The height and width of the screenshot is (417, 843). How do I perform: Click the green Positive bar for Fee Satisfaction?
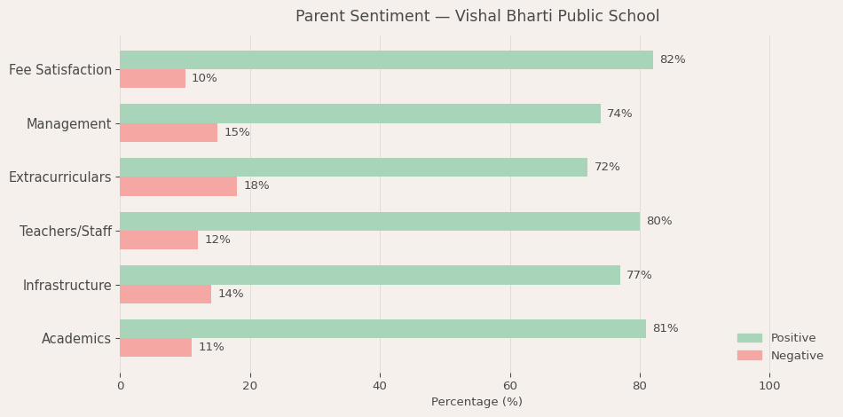386,59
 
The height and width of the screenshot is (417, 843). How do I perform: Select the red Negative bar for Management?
169,132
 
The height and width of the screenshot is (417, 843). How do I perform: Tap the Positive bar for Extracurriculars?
353,167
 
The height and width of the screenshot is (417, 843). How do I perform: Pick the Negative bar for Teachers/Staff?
159,240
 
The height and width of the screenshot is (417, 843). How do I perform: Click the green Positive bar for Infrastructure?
370,275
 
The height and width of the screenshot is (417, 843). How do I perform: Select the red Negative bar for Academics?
155,347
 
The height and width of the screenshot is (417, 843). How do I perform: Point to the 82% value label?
672,59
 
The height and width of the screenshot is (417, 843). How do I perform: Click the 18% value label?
256,185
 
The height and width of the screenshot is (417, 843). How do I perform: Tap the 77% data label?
639,275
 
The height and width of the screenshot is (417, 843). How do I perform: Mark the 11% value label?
211,347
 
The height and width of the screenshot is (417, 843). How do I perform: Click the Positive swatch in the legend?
749,338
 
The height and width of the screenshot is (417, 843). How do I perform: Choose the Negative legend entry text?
797,356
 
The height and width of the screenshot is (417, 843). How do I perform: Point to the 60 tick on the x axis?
509,386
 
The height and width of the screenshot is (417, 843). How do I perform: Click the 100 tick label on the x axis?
769,386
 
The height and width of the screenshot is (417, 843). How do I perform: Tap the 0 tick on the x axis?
121,386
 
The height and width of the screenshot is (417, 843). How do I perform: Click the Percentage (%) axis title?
477,402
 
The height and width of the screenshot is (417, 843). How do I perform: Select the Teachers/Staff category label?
66,231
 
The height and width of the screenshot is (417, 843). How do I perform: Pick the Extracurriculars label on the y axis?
60,177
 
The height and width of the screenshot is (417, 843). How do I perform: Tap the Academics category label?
76,338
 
